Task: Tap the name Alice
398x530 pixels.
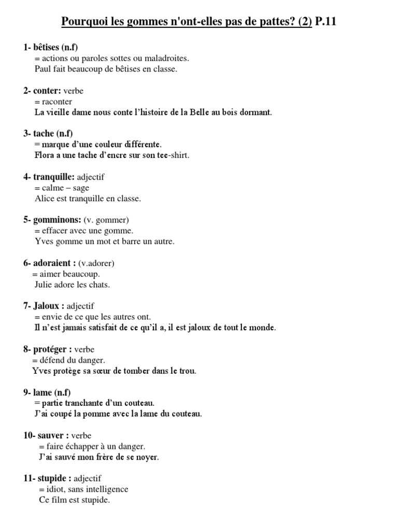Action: pos(44,198)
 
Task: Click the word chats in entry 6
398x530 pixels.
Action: pos(100,284)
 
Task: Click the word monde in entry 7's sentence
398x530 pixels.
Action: pos(262,328)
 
